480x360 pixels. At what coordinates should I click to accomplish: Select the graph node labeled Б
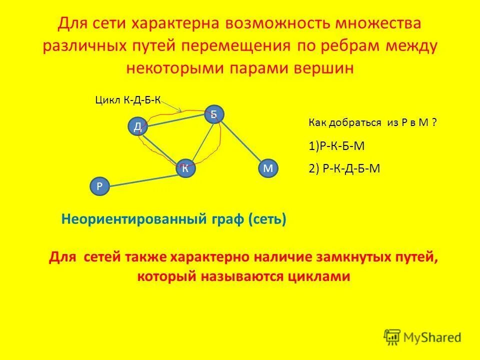[213, 114]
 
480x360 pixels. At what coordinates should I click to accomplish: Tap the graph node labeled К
[185, 168]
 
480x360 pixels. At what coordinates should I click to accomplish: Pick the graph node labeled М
[267, 168]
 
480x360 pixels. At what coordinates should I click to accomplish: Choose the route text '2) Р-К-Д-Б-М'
[344, 168]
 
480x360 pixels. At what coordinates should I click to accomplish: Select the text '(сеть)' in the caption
[267, 219]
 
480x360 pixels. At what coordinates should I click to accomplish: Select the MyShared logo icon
[391, 337]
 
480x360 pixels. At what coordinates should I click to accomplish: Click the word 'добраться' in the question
[357, 123]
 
